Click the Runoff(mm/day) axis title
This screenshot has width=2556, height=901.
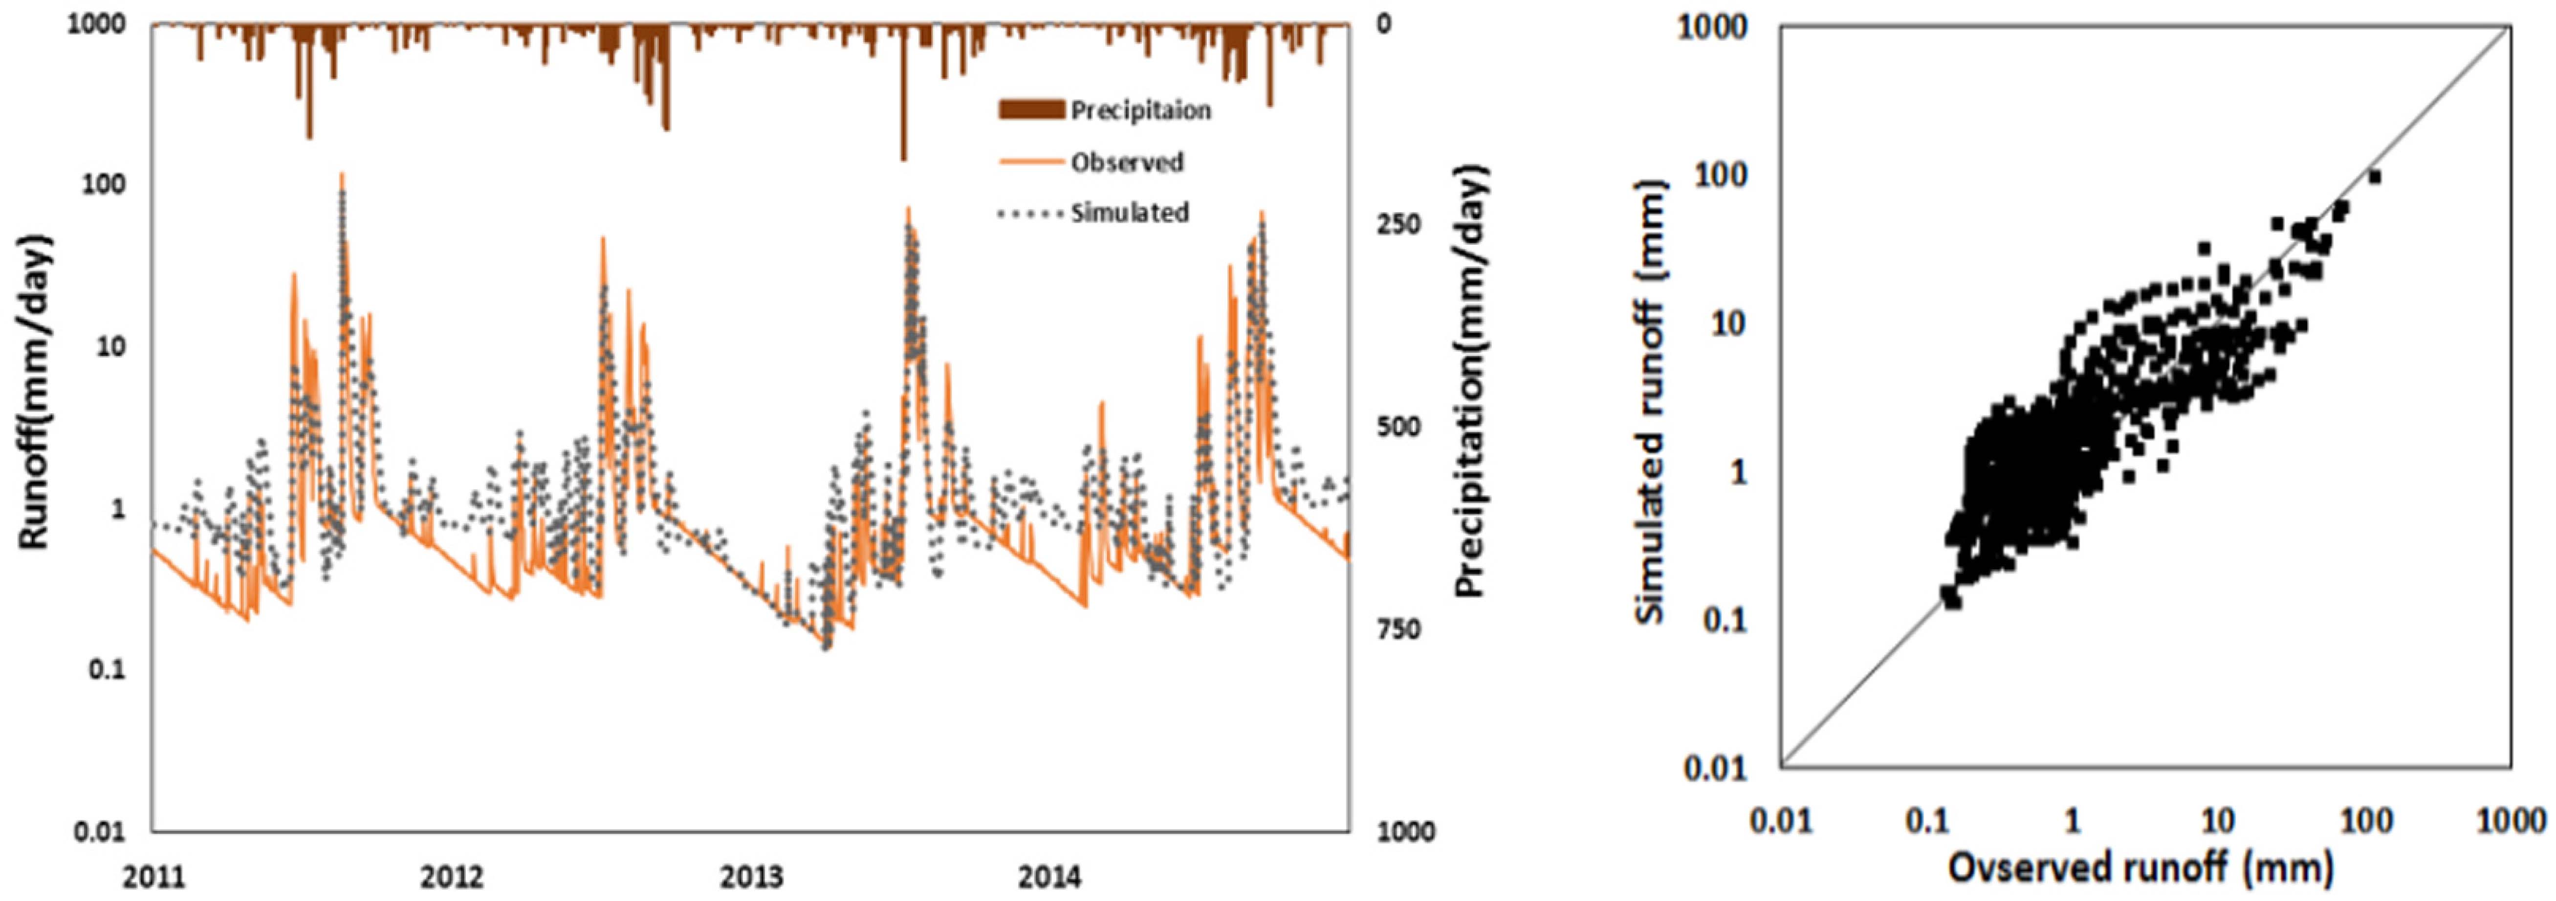(35, 392)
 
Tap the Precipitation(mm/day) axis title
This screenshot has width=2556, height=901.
(1472, 382)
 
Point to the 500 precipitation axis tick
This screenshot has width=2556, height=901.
(1398, 427)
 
